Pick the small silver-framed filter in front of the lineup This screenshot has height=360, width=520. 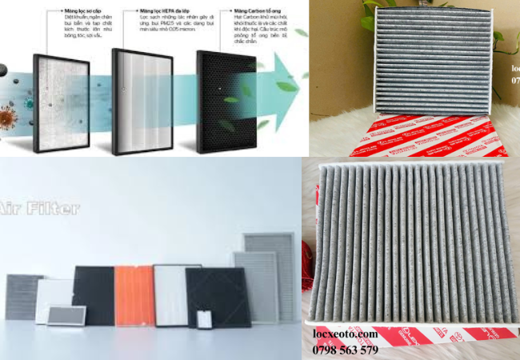66,315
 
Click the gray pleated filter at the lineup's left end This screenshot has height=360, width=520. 22,297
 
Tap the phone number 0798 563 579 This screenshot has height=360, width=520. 346,350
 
